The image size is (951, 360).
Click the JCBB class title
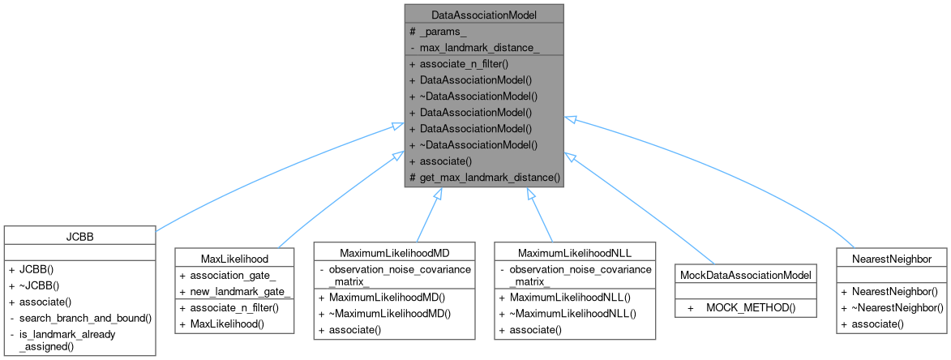coord(79,235)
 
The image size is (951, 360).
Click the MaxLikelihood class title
coord(234,258)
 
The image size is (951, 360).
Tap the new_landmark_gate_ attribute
coord(235,290)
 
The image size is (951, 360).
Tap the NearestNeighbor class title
coord(893,258)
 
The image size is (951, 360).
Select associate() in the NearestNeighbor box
coord(876,323)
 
